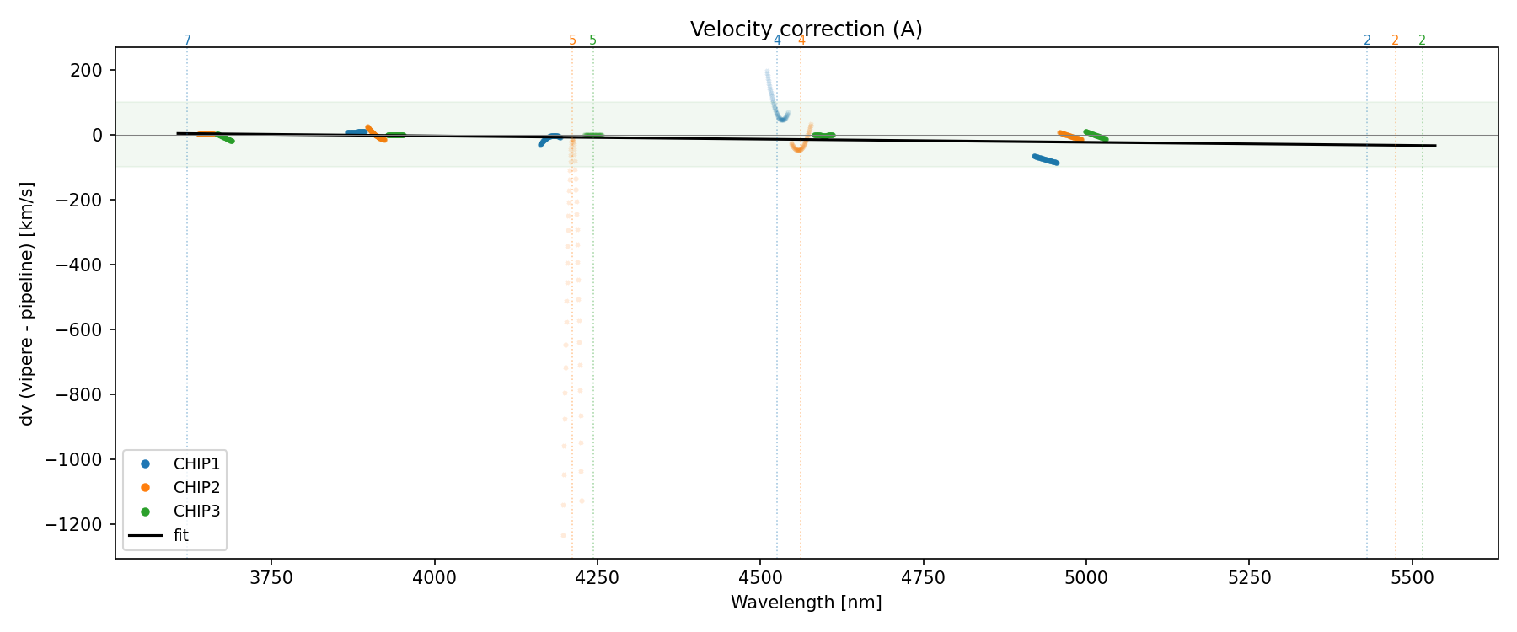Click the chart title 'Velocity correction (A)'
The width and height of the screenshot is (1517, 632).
(806, 29)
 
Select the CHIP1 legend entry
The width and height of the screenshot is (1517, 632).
(196, 463)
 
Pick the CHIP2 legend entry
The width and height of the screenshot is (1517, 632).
(196, 487)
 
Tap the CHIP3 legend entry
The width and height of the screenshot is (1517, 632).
(196, 511)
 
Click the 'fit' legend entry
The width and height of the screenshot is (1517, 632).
(180, 535)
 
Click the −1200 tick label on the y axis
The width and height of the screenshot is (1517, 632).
(78, 524)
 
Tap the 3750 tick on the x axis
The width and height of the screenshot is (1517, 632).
(271, 578)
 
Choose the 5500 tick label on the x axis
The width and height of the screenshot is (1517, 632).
(1412, 578)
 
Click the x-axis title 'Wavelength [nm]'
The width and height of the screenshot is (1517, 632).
(806, 603)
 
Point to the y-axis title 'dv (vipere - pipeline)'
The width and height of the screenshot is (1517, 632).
(27, 303)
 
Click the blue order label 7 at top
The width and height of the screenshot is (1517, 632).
(187, 40)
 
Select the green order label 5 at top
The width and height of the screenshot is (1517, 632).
(593, 40)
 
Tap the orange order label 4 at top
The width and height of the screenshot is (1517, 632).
(801, 40)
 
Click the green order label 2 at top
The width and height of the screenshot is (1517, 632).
(1423, 40)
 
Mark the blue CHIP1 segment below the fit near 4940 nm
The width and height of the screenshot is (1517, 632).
(1045, 159)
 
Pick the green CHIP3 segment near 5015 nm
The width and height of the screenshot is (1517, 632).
(1096, 135)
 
